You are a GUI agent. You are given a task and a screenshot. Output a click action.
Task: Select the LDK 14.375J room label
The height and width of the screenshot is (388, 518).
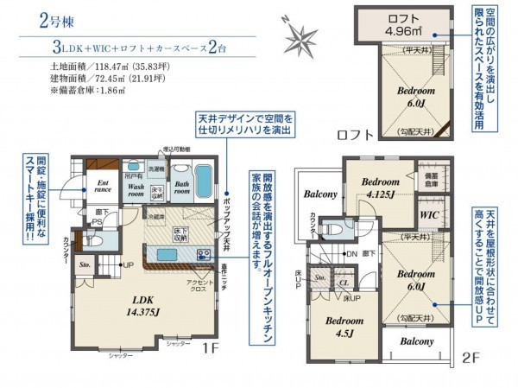coord(145,307)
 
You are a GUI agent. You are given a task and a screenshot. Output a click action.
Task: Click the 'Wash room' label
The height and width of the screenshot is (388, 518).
coord(136,188)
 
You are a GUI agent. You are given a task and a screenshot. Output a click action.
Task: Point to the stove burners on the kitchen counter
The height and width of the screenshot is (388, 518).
coord(204,254)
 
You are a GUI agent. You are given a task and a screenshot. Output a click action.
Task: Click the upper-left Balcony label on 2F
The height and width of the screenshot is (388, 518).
coord(319,194)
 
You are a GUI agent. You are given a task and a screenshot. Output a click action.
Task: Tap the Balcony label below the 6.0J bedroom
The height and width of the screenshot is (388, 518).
coord(417,341)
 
